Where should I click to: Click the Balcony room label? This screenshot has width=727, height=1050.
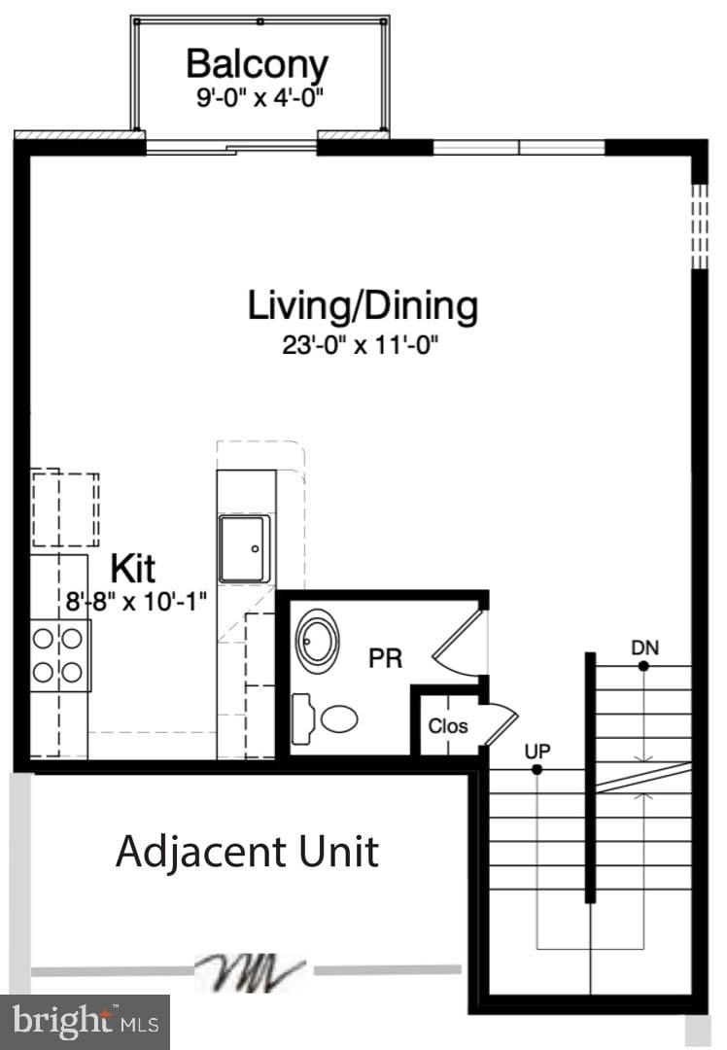click(258, 65)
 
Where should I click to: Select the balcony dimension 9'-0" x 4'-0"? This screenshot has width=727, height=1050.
click(258, 97)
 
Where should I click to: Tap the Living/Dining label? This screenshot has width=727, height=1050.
click(363, 305)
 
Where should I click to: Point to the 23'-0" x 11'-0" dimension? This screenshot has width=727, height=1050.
click(363, 345)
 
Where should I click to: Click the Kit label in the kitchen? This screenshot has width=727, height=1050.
click(133, 568)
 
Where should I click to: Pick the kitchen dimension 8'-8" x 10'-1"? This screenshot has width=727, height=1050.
click(137, 601)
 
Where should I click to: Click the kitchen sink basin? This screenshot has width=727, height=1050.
click(243, 548)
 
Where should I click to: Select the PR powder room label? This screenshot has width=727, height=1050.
click(385, 658)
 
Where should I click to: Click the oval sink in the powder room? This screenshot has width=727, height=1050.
click(317, 639)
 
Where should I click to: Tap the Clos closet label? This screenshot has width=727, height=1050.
click(448, 726)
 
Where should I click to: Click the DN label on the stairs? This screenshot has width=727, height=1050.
click(643, 647)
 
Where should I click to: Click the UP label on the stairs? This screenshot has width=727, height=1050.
click(537, 751)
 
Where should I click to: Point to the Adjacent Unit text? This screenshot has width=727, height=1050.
click(247, 852)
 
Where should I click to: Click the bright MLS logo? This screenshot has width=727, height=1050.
click(85, 1021)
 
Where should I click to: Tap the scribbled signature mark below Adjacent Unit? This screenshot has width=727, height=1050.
click(251, 969)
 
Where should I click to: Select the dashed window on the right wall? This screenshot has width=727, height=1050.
click(699, 226)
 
